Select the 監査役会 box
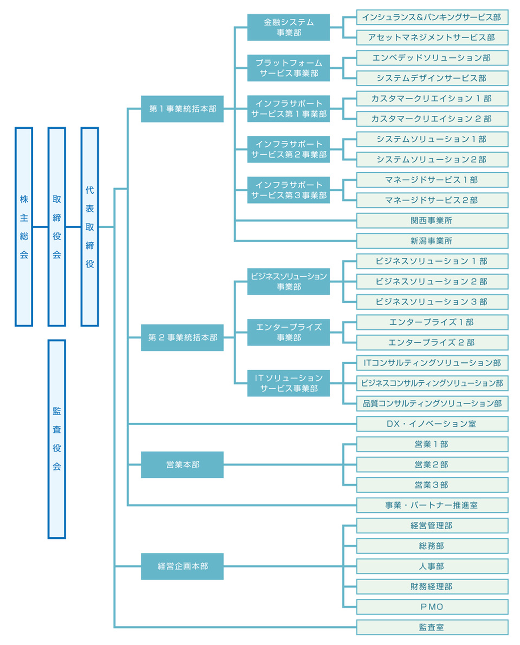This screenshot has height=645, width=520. coord(57,439)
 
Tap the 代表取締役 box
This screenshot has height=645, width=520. coord(90,227)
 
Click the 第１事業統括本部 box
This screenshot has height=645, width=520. coord(182,109)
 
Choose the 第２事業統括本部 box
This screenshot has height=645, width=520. coord(182,337)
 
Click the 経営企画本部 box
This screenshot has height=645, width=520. coord(182,566)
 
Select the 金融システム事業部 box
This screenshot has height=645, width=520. coord(288,27)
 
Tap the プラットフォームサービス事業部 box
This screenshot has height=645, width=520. coord(288,68)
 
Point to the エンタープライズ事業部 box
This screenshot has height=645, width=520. coord(288,332)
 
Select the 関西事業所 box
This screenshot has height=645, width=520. coord(432,221)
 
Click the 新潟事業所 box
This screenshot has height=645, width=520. coord(432,241)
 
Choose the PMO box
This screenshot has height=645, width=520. coord(432,607)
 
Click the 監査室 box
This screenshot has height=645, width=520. coord(432,627)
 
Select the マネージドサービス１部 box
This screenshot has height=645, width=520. coord(432,180)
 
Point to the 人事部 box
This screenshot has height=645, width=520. coord(432,566)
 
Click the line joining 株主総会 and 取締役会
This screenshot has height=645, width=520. coord(40,227)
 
